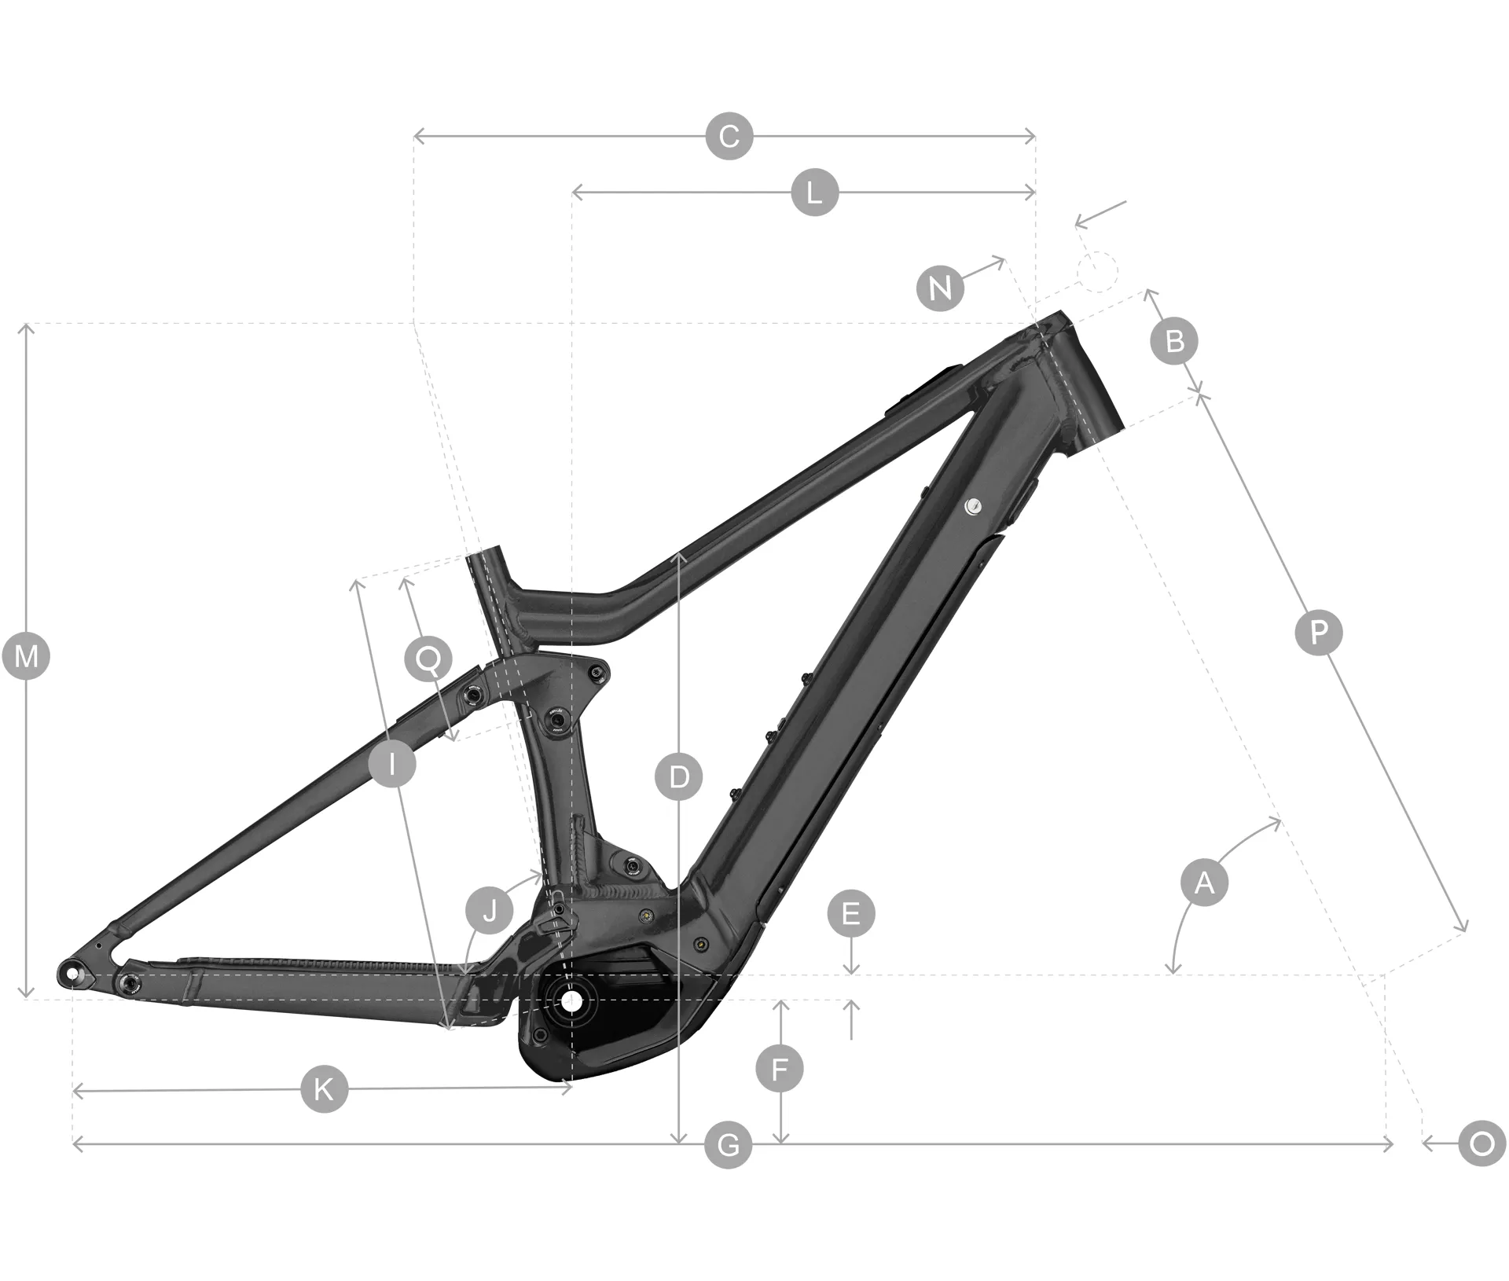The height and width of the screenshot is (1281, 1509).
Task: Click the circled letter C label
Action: [x=729, y=137]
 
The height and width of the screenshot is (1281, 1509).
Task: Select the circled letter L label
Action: [x=814, y=192]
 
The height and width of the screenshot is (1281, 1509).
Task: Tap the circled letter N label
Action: [x=940, y=288]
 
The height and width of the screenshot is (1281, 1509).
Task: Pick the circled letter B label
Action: [x=1174, y=341]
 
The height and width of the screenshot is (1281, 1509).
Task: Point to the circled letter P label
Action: [x=1319, y=632]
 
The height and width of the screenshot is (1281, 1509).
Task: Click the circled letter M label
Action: [x=26, y=655]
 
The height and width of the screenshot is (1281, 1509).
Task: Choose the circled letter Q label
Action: [x=428, y=659]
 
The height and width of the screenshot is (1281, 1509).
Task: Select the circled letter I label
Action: [x=391, y=762]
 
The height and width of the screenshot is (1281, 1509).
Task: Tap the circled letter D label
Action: [x=678, y=777]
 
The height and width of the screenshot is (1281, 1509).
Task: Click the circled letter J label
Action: [x=490, y=912]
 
